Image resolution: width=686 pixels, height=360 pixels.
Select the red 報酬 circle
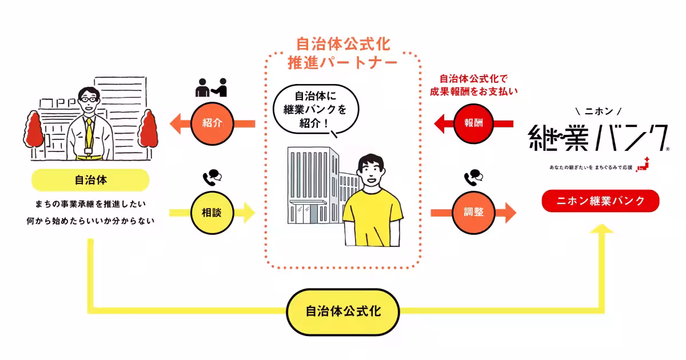(x=474, y=122)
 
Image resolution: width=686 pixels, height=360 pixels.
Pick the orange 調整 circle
(x=474, y=213)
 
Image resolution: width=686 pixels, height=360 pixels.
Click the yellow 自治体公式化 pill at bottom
(x=343, y=312)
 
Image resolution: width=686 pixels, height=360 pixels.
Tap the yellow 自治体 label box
(x=90, y=180)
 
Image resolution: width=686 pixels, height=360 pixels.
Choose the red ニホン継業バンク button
(x=600, y=201)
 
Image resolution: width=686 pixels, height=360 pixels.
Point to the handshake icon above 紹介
(x=211, y=87)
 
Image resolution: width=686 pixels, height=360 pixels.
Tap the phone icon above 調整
(x=474, y=178)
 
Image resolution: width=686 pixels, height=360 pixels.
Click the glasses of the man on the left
(x=89, y=99)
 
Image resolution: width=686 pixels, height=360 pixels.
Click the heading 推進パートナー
(x=342, y=63)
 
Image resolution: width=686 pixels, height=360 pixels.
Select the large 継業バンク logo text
(x=597, y=138)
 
